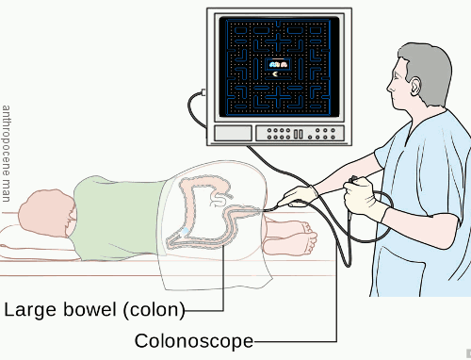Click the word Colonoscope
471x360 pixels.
[194, 340]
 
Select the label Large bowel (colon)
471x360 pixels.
[94, 309]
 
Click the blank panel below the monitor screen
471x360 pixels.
[233, 134]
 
